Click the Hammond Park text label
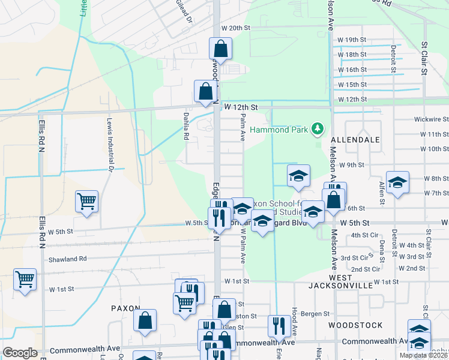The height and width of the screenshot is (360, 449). click(x=279, y=130)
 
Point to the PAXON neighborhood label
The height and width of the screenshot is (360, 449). click(x=125, y=308)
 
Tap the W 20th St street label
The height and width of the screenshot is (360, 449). click(x=235, y=28)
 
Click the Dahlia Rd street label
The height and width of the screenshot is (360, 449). click(x=186, y=125)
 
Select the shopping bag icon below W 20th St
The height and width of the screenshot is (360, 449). click(x=220, y=49)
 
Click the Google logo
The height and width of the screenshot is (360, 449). click(x=20, y=353)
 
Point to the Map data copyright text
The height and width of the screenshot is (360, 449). click(x=423, y=355)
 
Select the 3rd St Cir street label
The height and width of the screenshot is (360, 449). click(x=354, y=257)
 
